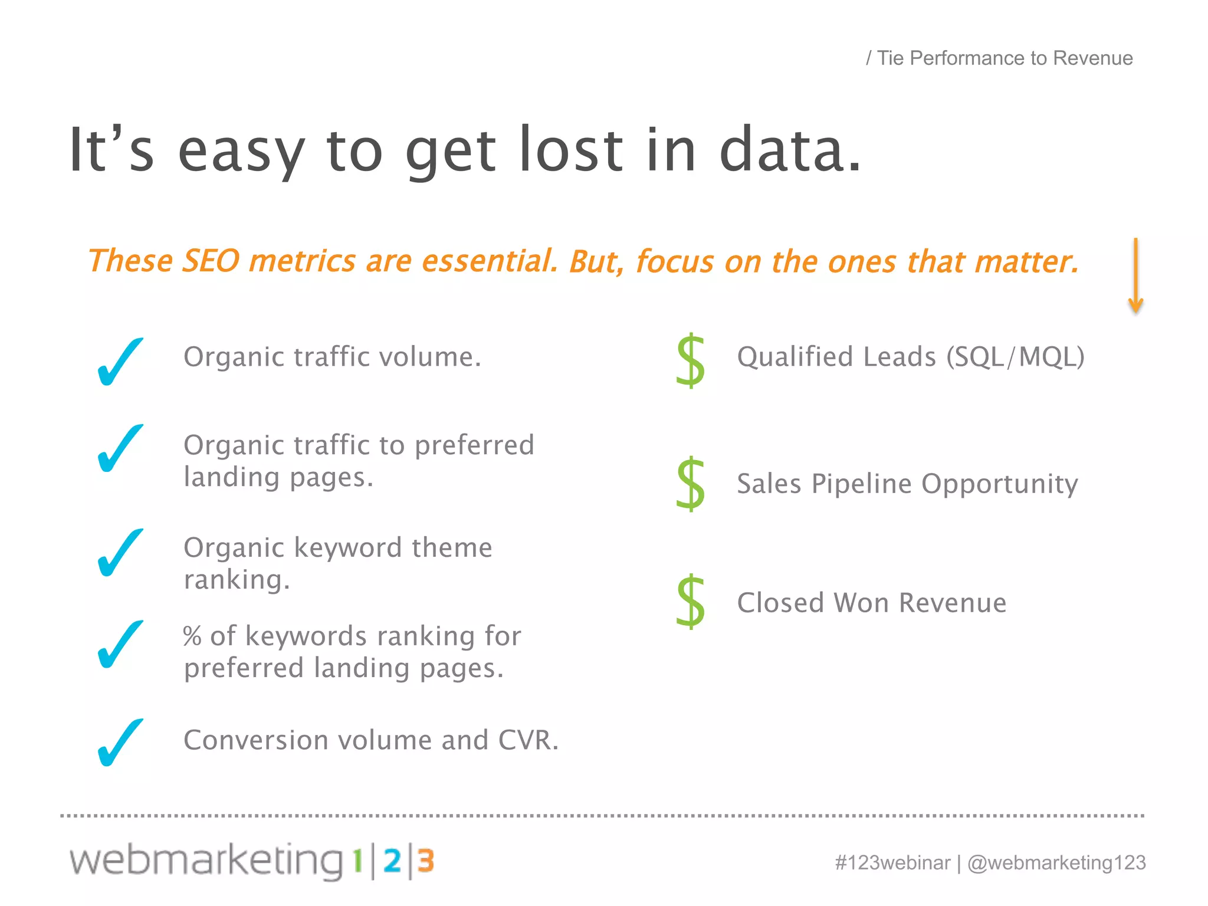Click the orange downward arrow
pyautogui.click(x=1135, y=276)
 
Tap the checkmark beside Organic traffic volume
pyautogui.click(x=120, y=362)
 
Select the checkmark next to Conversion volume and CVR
pyautogui.click(x=120, y=742)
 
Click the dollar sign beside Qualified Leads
pyautogui.click(x=691, y=360)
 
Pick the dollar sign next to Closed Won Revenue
pyautogui.click(x=691, y=601)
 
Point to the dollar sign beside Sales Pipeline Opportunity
pyautogui.click(x=691, y=483)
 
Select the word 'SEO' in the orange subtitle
pyautogui.click(x=211, y=261)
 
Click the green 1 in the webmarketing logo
pyautogui.click(x=357, y=861)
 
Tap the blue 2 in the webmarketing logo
pyautogui.click(x=392, y=861)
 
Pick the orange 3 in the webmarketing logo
pyautogui.click(x=426, y=861)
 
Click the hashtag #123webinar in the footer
pyautogui.click(x=892, y=862)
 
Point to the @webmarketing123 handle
pyautogui.click(x=1056, y=862)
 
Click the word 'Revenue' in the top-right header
pyautogui.click(x=1092, y=58)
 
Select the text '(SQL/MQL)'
pyautogui.click(x=1015, y=357)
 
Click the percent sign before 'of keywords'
pyautogui.click(x=192, y=636)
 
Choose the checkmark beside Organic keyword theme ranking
pyautogui.click(x=120, y=553)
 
